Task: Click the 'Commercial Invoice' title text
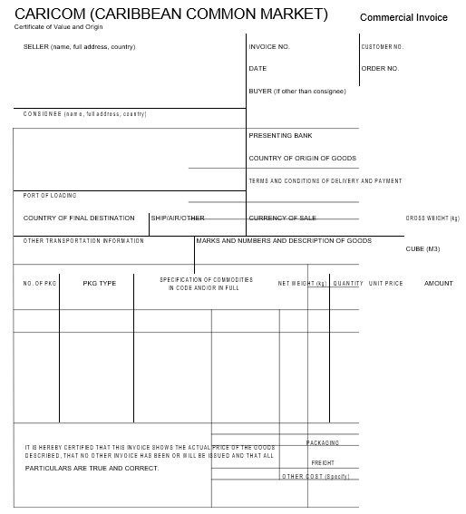point(403,17)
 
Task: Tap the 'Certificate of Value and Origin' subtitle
point(52,28)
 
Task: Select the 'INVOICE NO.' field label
point(269,46)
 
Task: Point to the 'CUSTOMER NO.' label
point(382,46)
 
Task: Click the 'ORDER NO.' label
point(380,68)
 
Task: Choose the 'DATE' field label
point(257,68)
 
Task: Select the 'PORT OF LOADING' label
point(50,195)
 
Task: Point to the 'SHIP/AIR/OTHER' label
point(178,218)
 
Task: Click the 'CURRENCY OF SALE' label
point(282,218)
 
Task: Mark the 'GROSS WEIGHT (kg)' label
point(432,218)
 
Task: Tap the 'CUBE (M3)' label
point(422,248)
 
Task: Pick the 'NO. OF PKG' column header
point(40,284)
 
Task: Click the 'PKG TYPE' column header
point(100,284)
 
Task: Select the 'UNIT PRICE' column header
point(385,284)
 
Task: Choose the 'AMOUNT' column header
point(438,284)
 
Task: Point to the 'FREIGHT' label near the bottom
point(324,462)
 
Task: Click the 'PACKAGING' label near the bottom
point(323,442)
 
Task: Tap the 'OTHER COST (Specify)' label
point(315,476)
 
